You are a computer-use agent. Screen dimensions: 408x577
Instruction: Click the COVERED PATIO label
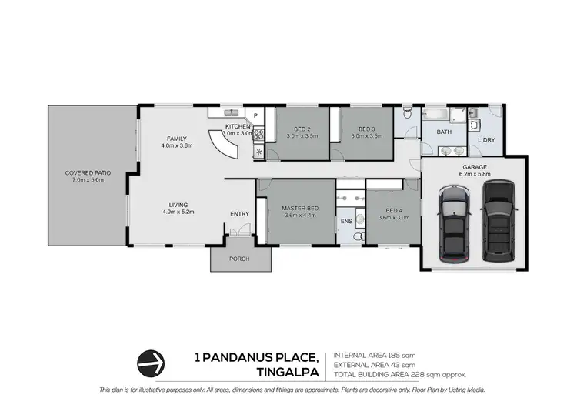tap(88, 173)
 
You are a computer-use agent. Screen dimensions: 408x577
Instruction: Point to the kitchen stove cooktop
tap(259, 135)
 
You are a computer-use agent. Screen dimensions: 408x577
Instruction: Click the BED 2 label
tap(302, 129)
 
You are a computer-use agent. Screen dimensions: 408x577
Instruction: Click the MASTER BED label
tap(301, 209)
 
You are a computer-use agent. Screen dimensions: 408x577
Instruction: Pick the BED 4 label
tap(393, 210)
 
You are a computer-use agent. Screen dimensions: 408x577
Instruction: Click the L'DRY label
tap(486, 140)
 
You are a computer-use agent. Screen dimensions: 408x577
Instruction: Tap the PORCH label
tap(240, 259)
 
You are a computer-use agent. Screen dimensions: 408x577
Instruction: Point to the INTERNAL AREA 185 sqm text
tap(375, 355)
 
